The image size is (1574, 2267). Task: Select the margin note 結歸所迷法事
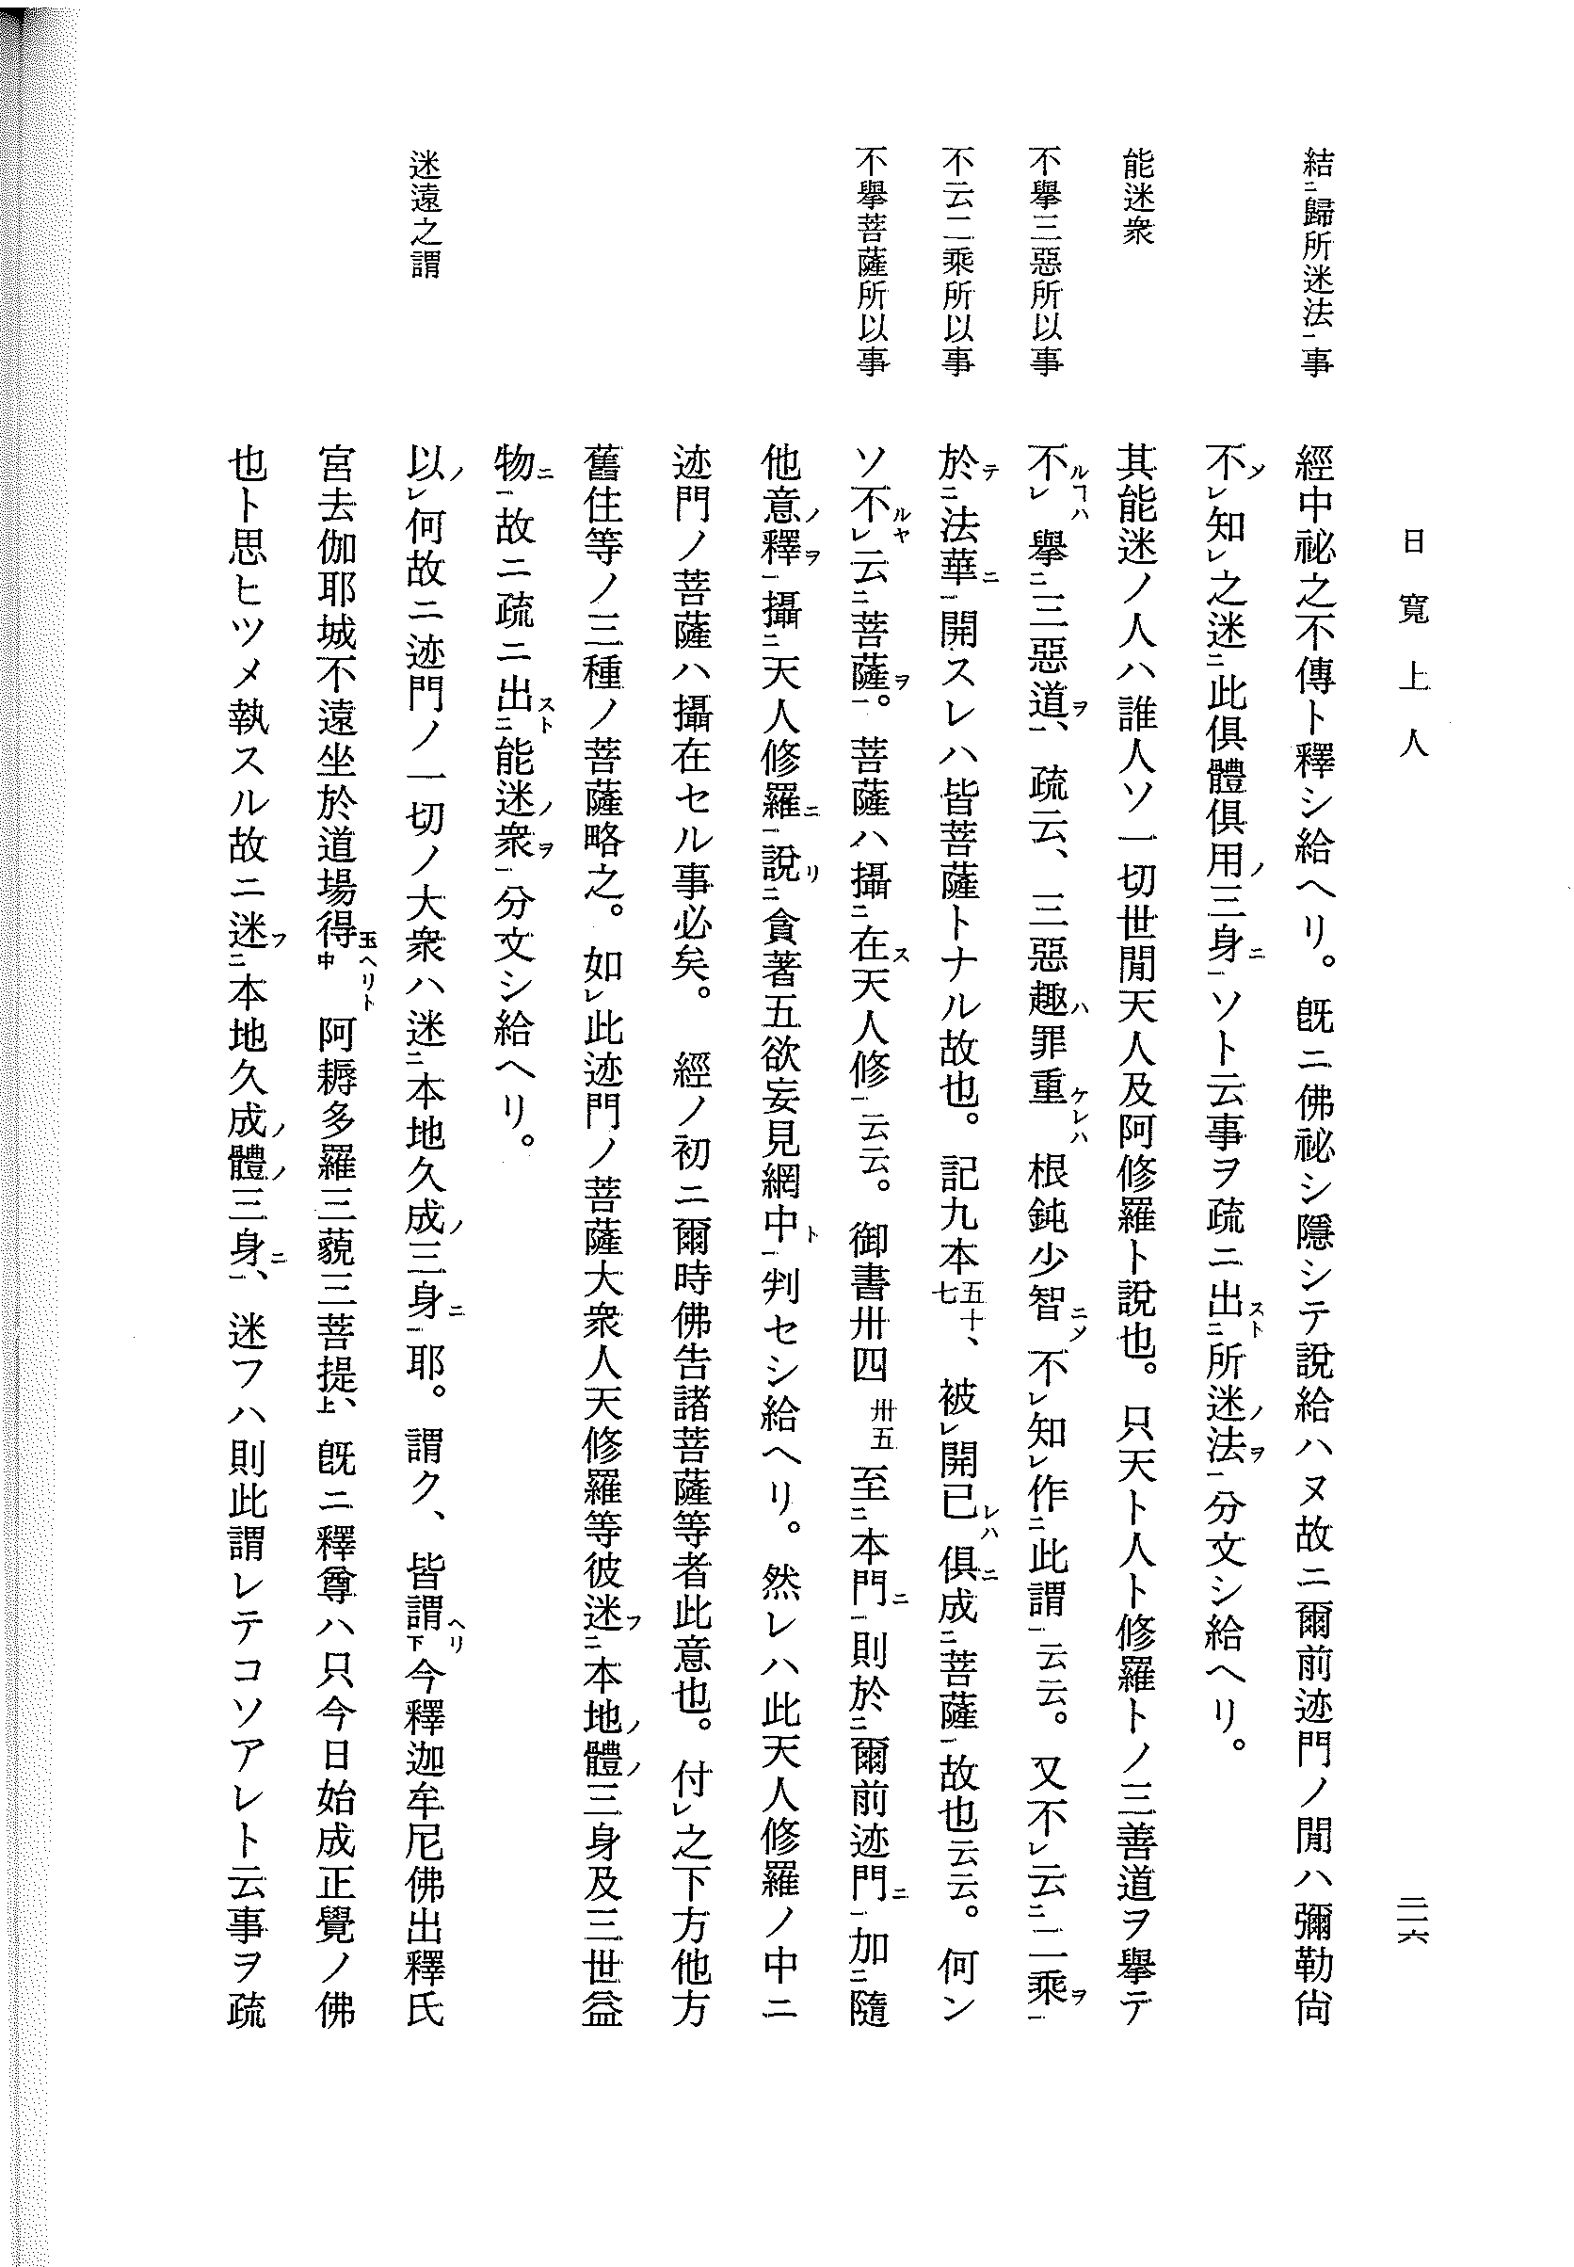(x=1318, y=262)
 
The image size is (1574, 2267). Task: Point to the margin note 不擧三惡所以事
(x=1047, y=262)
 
